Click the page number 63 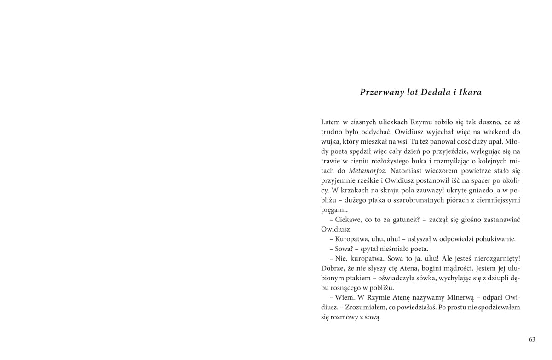[532, 339]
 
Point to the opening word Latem [331, 122]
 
